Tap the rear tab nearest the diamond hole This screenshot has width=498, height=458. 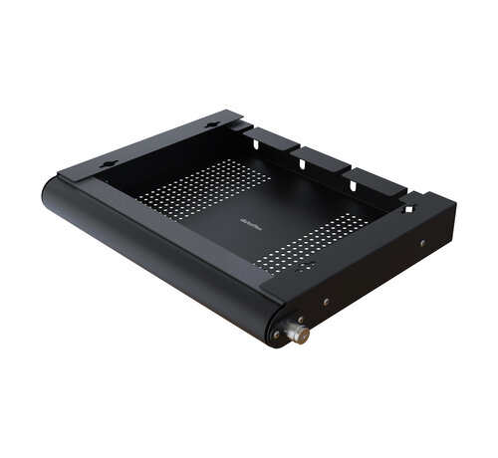click(374, 180)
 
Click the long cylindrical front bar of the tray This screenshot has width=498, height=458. click(159, 254)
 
